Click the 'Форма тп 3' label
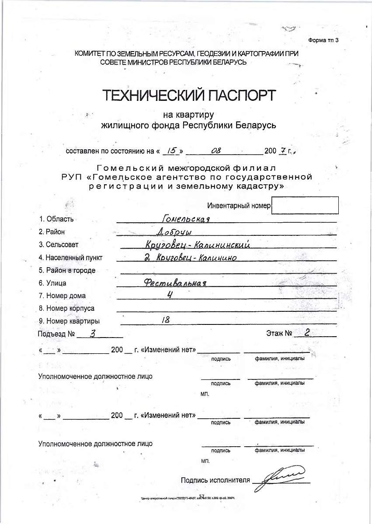pos(323,40)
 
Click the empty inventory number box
pos(305,205)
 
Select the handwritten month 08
pos(216,151)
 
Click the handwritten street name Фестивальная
pos(175,283)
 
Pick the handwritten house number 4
pos(170,295)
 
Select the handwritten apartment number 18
pos(166,320)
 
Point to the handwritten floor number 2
pos(307,333)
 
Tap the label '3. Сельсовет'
pos(59,245)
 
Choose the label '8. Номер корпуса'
pos(66,308)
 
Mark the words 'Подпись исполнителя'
pos(215,480)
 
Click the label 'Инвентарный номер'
pos(239,206)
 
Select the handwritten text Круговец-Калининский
pos(198,245)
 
